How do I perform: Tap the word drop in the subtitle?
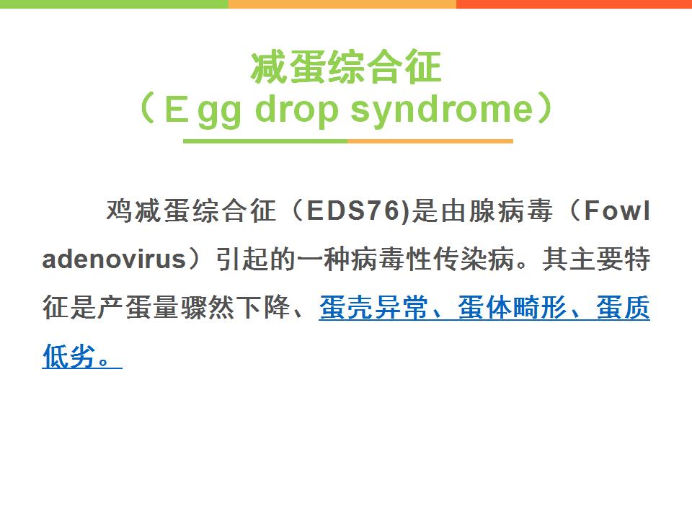[296, 110]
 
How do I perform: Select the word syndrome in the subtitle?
[442, 110]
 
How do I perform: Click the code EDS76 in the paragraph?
[353, 210]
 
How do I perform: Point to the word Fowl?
[617, 210]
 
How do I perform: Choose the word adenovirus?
[114, 259]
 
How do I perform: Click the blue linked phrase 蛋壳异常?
[373, 307]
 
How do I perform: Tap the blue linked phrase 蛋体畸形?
[512, 307]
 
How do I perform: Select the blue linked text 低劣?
[69, 355]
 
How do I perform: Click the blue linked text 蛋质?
[623, 307]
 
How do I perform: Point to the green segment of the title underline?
[265, 141]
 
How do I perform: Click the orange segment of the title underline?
[430, 141]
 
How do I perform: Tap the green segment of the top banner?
[114, 4]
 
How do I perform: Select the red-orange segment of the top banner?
[575, 4]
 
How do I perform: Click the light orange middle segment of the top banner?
[342, 4]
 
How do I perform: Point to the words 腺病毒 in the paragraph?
[510, 210]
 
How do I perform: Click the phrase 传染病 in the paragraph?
[474, 259]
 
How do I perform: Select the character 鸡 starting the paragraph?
[119, 210]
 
